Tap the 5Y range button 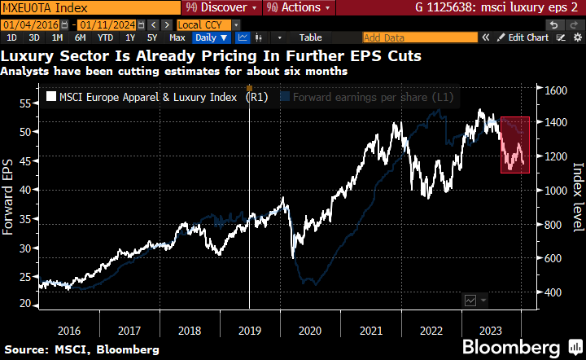click(152, 37)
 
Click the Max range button click(177, 37)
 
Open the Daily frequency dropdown click(209, 37)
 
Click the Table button click(310, 37)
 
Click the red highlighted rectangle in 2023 click(515, 144)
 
